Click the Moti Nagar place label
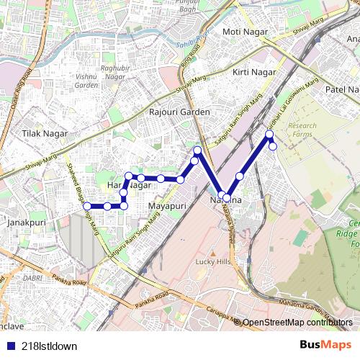point(244,32)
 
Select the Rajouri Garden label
point(179,112)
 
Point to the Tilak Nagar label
point(44,134)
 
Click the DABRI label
point(32,277)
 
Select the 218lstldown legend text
point(49,346)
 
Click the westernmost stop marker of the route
point(87,206)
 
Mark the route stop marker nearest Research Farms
point(273,146)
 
